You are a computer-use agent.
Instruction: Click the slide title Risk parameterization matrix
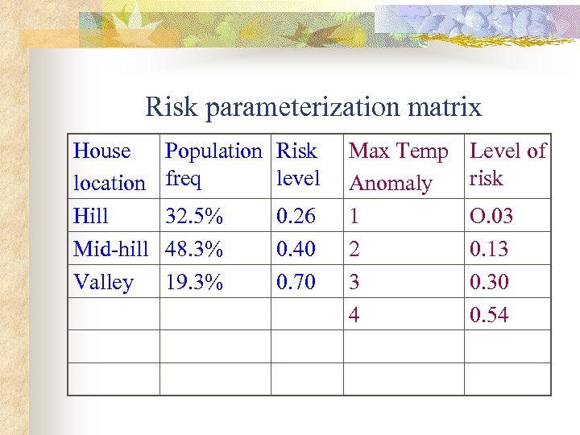pos(313,106)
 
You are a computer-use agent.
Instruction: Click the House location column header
pos(109,167)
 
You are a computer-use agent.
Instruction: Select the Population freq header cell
pos(213,164)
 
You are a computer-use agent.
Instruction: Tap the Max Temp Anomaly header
pos(398,167)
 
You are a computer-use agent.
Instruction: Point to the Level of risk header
pos(507,164)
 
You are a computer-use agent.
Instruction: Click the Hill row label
pos(91,216)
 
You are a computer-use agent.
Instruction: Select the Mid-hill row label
pos(111,249)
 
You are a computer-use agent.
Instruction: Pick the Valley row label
pos(103,282)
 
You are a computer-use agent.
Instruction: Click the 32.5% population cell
pos(194,216)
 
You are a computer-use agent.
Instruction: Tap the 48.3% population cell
pos(194,249)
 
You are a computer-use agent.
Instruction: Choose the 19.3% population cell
pos(194,282)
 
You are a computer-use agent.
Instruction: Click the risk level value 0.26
pos(296,216)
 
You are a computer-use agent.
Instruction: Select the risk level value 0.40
pos(296,249)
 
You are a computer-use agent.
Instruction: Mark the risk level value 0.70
pos(296,282)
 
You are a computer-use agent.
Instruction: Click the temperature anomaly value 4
pos(354,315)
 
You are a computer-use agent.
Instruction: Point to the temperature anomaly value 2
pos(354,249)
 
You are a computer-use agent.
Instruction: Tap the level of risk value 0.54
pos(490,315)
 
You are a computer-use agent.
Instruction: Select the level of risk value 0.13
pos(490,249)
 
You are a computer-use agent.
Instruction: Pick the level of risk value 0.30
pos(490,282)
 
